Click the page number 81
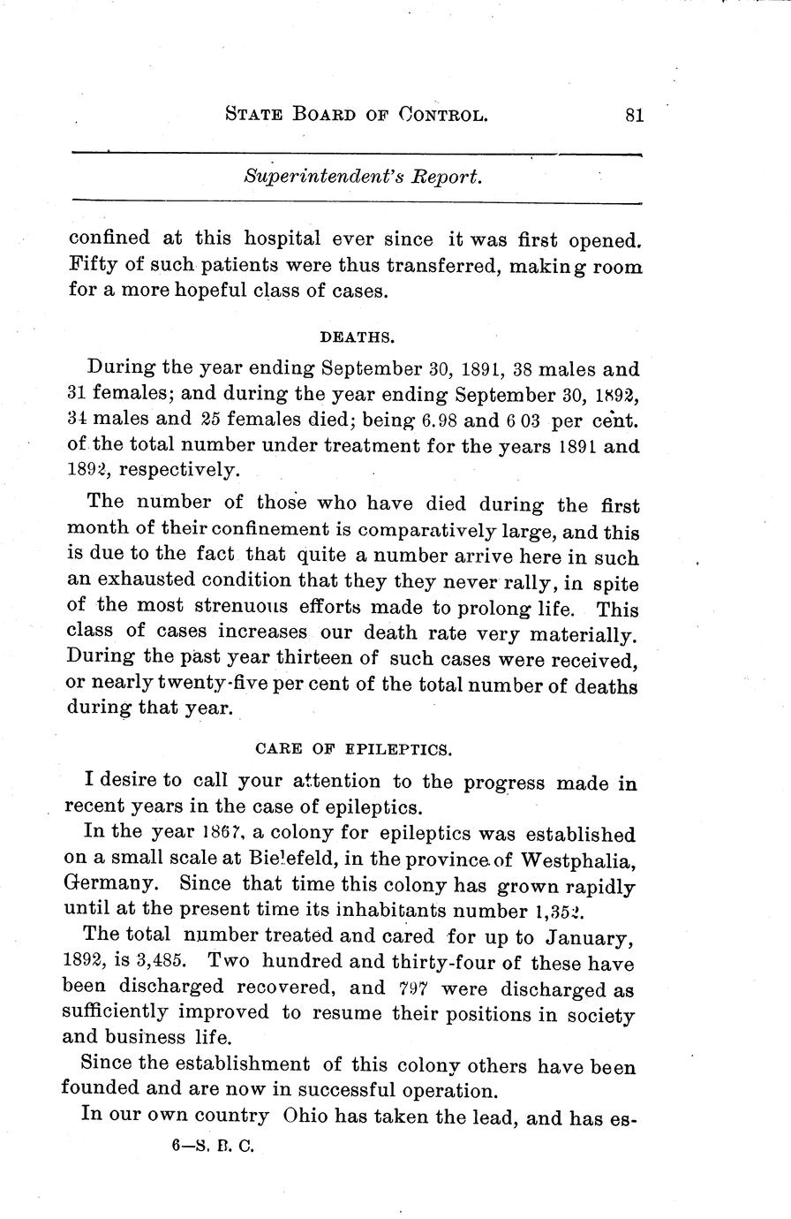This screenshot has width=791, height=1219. click(633, 115)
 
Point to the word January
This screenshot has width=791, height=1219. click(588, 936)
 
